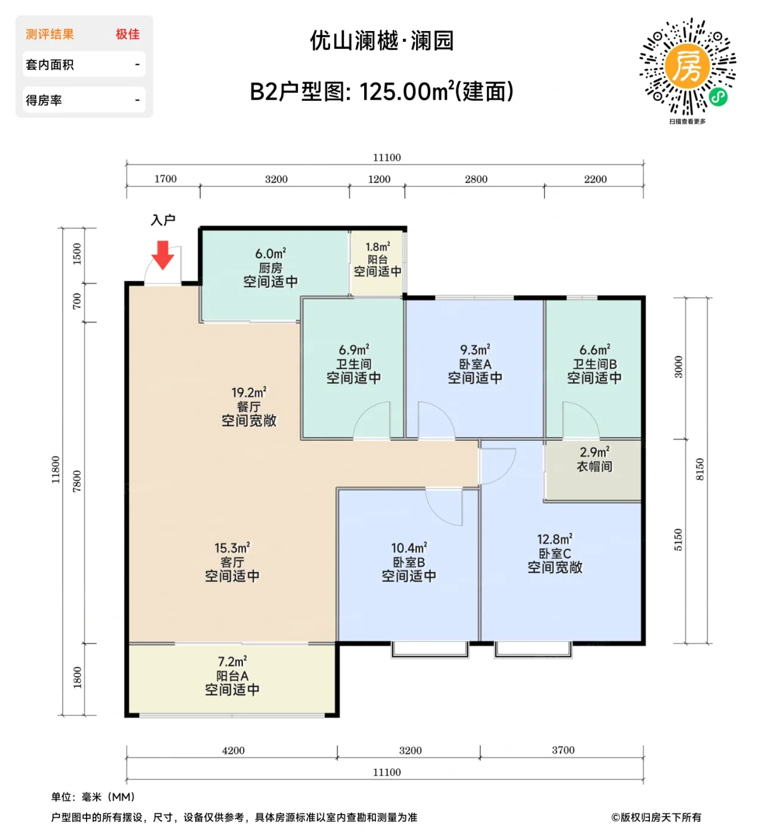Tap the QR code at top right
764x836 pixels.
(687, 66)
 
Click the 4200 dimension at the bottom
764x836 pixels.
(233, 751)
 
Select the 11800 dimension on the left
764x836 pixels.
(56, 470)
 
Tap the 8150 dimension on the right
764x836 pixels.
(700, 470)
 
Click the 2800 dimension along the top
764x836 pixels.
(476, 179)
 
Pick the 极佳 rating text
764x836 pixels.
(128, 35)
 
